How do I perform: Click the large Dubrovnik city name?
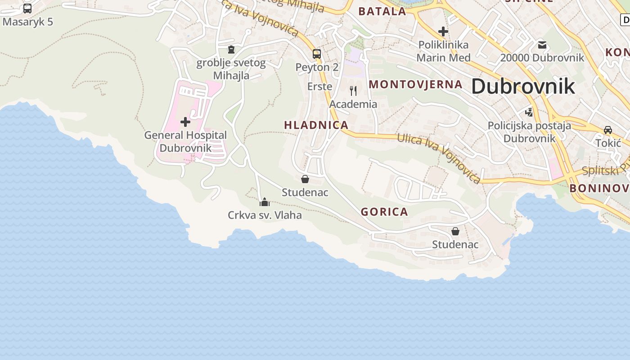tap(523, 86)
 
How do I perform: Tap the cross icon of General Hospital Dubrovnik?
tap(185, 122)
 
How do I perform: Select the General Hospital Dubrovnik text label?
tap(185, 141)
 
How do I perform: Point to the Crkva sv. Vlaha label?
tap(265, 215)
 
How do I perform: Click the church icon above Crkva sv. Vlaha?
tap(265, 202)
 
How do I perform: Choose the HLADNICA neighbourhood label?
tap(316, 125)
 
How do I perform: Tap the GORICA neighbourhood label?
tap(384, 212)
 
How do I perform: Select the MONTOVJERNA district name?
tap(415, 84)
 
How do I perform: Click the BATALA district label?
tap(382, 11)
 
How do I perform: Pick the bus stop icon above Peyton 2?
tap(317, 54)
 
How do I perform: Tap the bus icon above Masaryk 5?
tap(27, 8)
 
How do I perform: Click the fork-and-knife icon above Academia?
tap(353, 91)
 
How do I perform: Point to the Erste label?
tap(319, 86)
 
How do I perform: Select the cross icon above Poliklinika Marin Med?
tap(443, 31)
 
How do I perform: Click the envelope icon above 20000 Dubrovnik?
tap(542, 45)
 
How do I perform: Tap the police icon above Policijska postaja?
tap(529, 112)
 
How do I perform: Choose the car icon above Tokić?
tap(608, 130)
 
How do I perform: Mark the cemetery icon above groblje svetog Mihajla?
tap(231, 49)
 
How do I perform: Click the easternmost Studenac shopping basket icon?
tap(455, 231)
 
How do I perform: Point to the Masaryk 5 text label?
tap(27, 21)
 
